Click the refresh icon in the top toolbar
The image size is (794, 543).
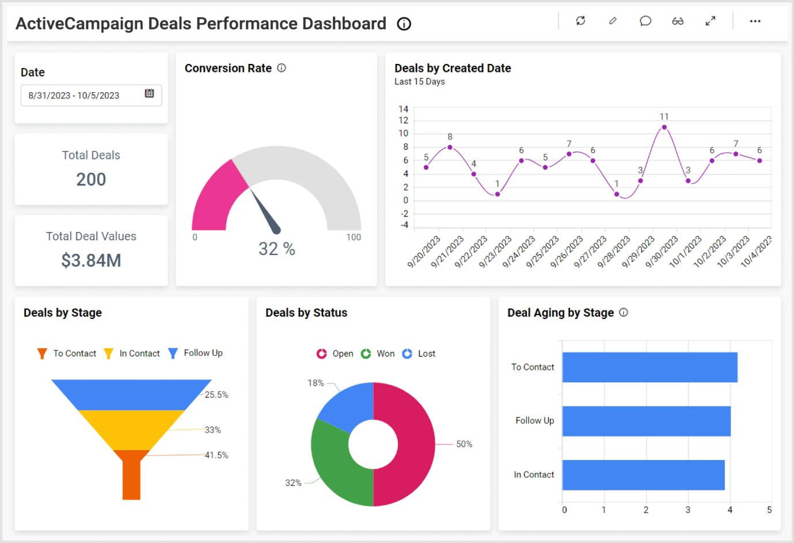click(580, 21)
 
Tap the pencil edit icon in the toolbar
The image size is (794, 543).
click(613, 21)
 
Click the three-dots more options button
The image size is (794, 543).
click(755, 21)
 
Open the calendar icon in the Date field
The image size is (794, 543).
click(149, 93)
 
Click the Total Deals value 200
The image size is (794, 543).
click(91, 179)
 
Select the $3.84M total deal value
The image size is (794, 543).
click(91, 260)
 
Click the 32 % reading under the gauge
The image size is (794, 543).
click(276, 249)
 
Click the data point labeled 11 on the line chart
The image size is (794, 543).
click(664, 127)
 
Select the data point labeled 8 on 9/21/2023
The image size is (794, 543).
click(450, 147)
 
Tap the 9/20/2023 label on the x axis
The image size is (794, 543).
click(424, 252)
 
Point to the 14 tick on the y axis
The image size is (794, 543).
click(403, 109)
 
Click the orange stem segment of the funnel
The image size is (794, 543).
click(131, 478)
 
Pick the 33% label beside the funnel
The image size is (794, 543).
click(212, 430)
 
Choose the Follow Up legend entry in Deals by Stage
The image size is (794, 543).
click(196, 353)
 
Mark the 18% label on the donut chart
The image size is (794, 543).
click(316, 383)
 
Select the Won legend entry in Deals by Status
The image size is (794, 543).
click(378, 354)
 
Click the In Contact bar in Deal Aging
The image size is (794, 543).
click(643, 474)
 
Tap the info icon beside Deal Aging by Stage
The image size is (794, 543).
click(624, 312)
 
